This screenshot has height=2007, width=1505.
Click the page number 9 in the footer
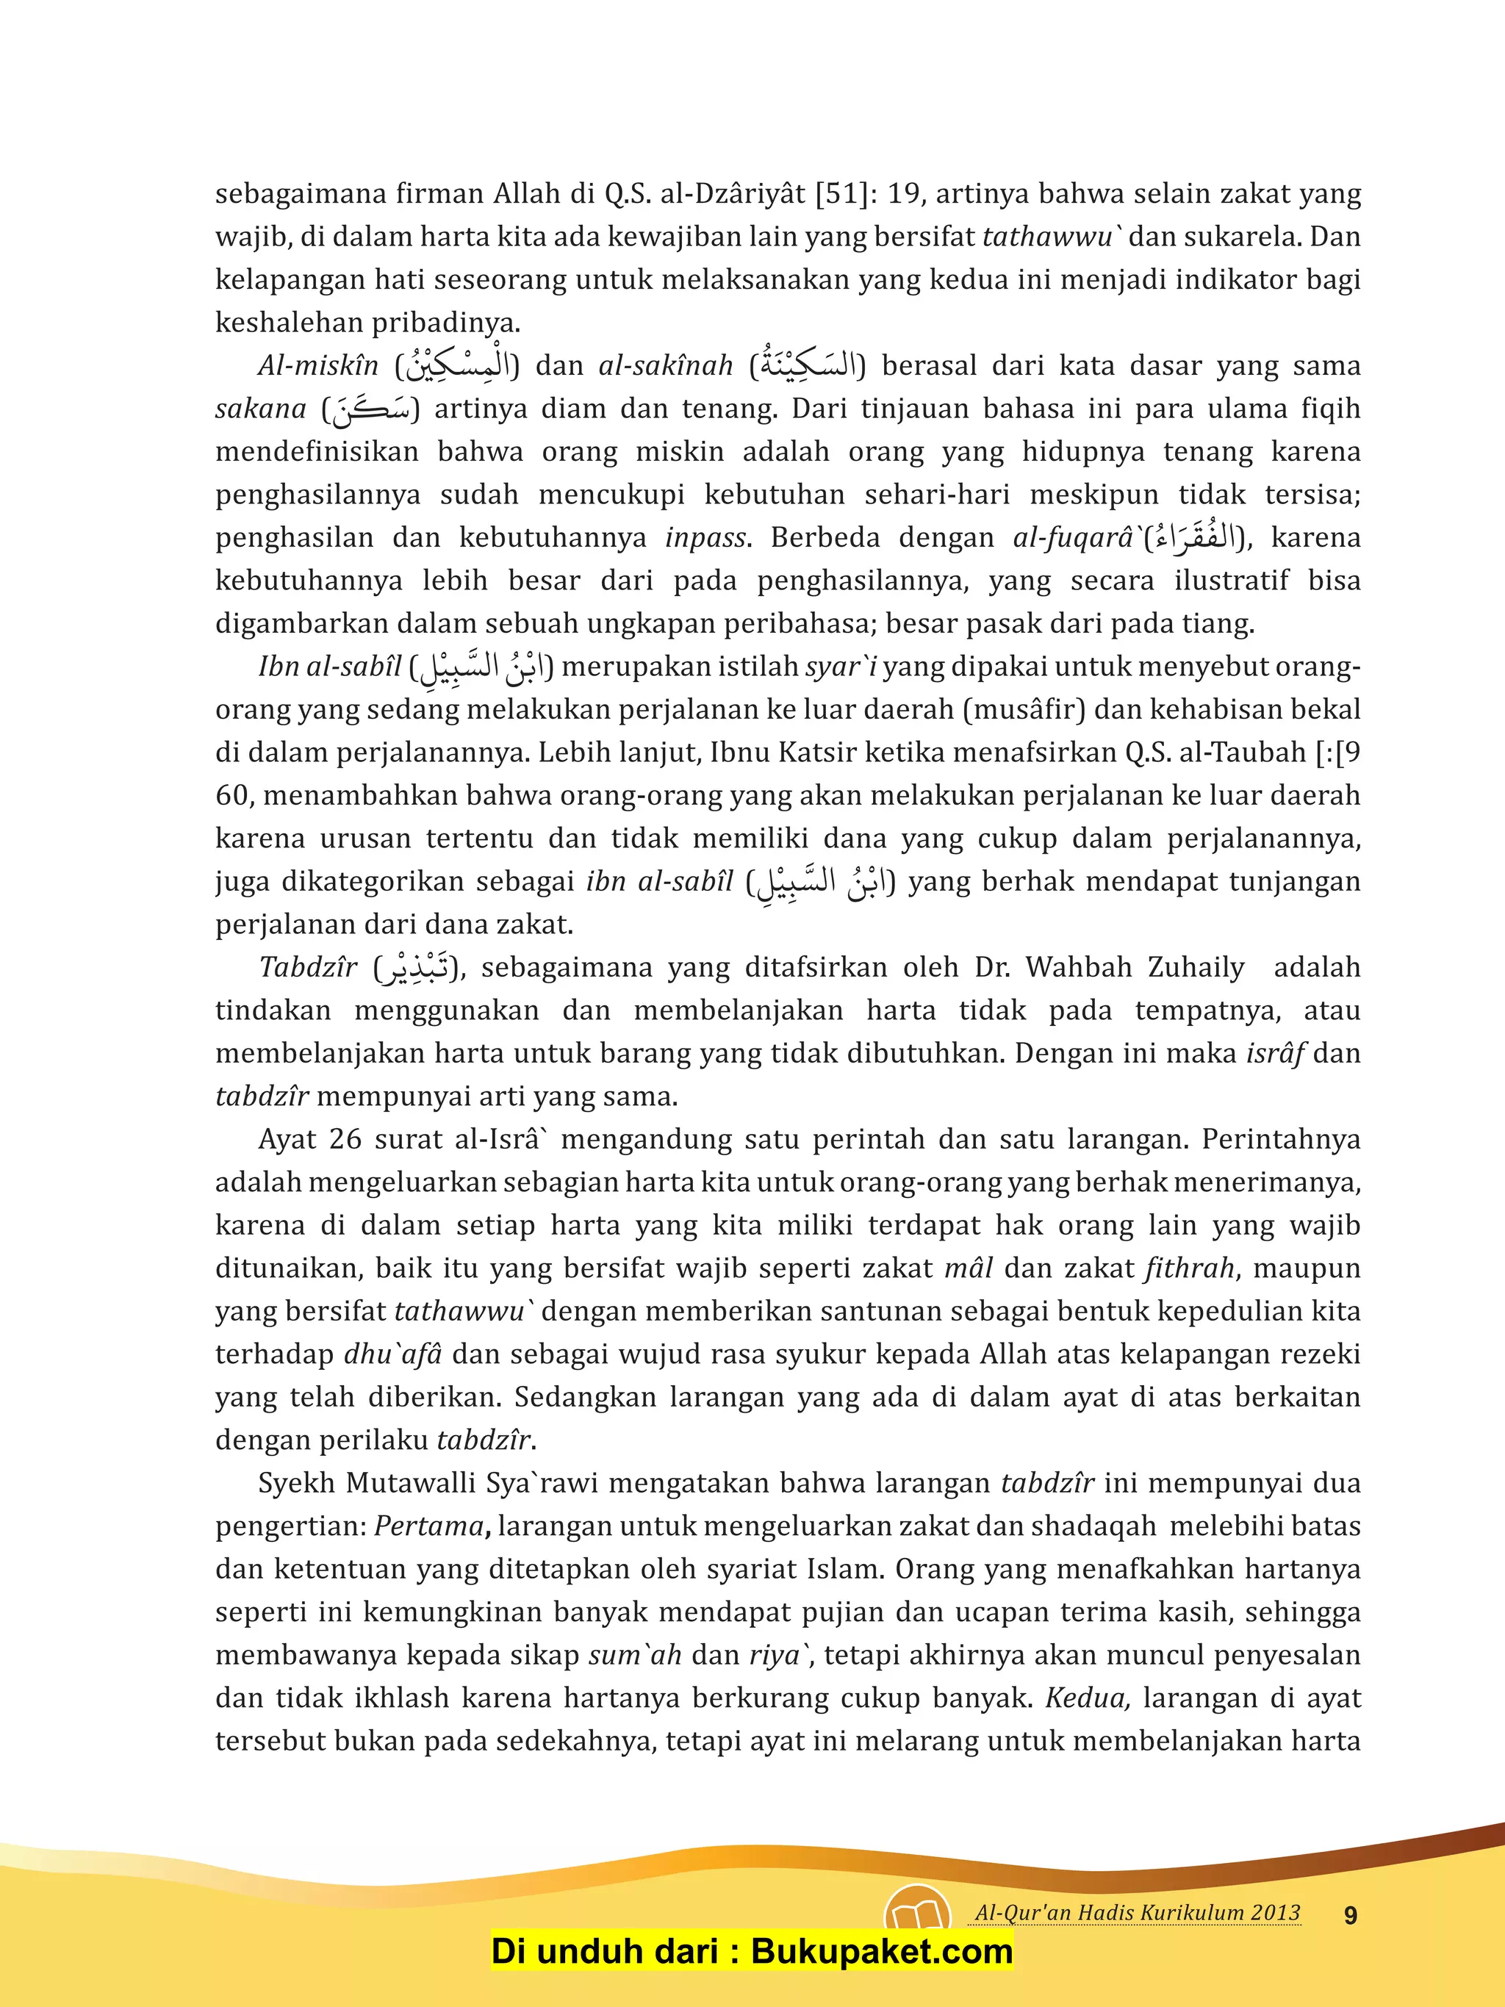(1350, 1915)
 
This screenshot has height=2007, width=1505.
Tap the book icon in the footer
(916, 1915)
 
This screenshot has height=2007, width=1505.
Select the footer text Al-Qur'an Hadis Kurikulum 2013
(1138, 1913)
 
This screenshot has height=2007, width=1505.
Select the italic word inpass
(705, 538)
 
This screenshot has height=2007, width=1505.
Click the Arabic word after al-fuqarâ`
(1196, 538)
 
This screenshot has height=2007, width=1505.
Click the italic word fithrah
(1189, 1268)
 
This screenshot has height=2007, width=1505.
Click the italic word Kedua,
(1087, 1698)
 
